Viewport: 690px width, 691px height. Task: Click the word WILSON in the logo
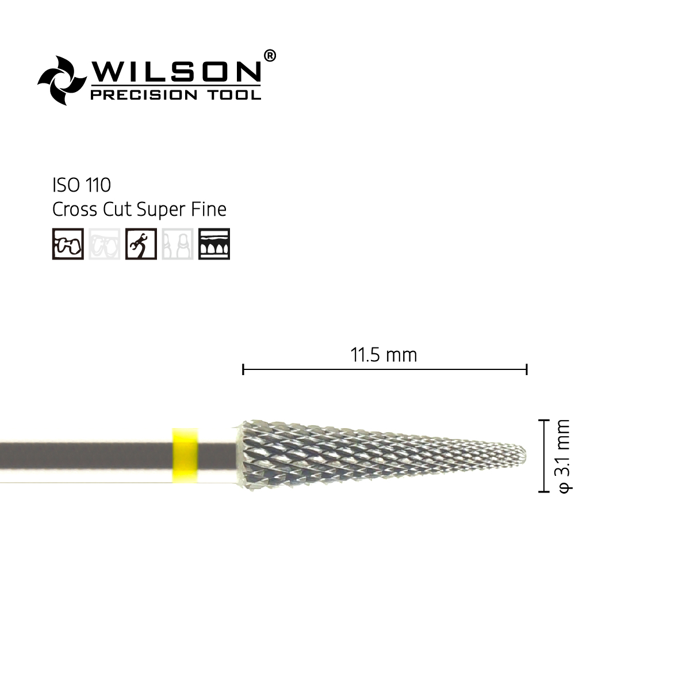pos(176,71)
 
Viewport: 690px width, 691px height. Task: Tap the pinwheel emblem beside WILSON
pos(62,81)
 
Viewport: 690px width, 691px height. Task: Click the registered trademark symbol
pos(270,56)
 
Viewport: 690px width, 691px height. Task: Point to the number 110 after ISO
pos(98,185)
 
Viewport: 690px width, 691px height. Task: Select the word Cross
pos(75,209)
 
